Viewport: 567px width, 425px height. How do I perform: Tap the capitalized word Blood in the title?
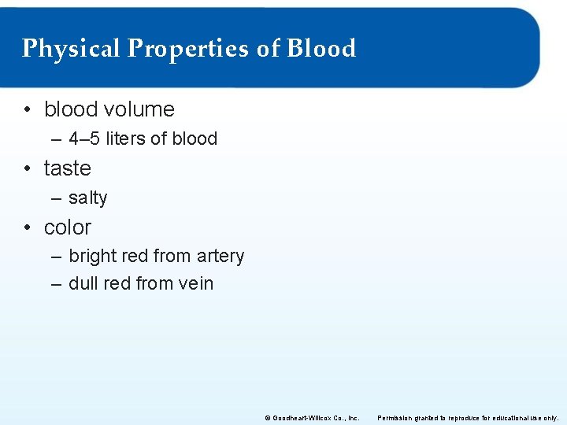(x=321, y=49)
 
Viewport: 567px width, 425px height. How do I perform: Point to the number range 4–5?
(x=84, y=139)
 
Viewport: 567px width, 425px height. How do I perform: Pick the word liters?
(x=125, y=139)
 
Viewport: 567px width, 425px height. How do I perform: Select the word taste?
(x=68, y=168)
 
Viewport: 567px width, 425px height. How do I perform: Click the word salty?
(x=88, y=198)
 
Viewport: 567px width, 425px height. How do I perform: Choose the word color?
(x=68, y=227)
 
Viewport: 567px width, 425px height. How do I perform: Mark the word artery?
(x=220, y=257)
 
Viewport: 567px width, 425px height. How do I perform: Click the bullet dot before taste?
(x=28, y=168)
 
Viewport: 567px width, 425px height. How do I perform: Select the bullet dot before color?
(x=28, y=227)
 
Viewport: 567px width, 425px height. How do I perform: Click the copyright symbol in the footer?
(x=267, y=417)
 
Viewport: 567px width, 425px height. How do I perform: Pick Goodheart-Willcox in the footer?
(x=299, y=417)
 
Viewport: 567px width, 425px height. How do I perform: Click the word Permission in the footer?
(x=397, y=417)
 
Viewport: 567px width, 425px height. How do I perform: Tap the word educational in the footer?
(x=513, y=417)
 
